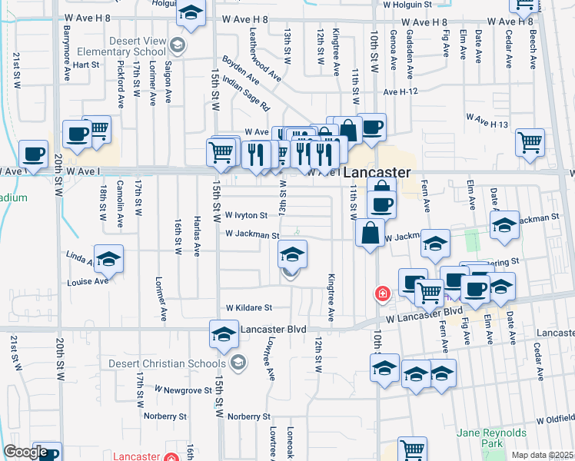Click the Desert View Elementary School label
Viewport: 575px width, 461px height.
tap(122, 46)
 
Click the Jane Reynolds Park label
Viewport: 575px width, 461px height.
tap(489, 438)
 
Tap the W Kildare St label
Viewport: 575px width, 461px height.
tap(248, 307)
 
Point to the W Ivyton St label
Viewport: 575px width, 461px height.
tap(245, 216)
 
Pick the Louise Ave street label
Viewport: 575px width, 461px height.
tap(87, 281)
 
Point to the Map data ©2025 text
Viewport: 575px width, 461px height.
tap(542, 455)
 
